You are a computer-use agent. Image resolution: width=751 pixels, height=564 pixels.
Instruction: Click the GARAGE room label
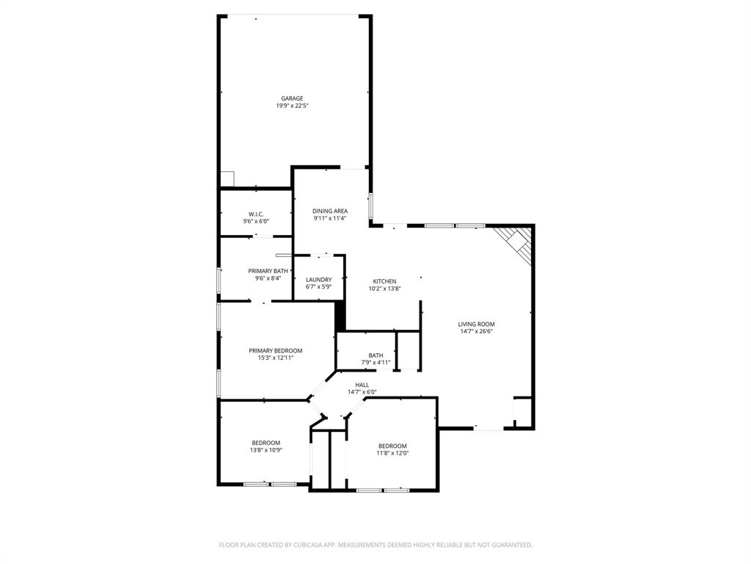click(x=292, y=98)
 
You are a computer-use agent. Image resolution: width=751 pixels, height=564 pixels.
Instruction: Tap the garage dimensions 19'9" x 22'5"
click(x=292, y=106)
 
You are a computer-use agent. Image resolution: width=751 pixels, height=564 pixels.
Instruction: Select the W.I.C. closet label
click(x=256, y=214)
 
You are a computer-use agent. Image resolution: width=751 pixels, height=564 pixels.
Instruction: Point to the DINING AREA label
click(x=330, y=211)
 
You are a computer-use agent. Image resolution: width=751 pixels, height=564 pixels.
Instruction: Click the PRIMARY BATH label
click(x=263, y=271)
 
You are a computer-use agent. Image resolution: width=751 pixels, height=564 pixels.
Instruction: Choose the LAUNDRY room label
click(x=319, y=280)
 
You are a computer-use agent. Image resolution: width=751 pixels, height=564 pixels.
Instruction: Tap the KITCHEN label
click(x=384, y=281)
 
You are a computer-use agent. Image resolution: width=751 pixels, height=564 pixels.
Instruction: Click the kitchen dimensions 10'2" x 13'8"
click(x=384, y=289)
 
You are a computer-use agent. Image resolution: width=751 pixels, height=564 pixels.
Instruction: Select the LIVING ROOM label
click(x=477, y=324)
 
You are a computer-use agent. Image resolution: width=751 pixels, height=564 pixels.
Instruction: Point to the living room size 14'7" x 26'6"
click(x=477, y=331)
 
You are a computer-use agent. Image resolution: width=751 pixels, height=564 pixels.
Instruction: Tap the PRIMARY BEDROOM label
click(x=275, y=350)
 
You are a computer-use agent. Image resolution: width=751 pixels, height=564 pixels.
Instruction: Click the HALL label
click(x=362, y=385)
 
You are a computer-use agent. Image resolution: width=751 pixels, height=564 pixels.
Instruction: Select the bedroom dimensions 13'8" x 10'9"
click(x=266, y=449)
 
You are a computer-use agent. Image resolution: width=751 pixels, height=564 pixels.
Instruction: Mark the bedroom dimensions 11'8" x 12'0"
click(x=392, y=453)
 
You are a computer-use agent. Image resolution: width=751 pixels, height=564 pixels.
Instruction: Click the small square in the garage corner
click(x=227, y=179)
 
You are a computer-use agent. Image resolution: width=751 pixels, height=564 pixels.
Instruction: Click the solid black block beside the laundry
click(x=340, y=316)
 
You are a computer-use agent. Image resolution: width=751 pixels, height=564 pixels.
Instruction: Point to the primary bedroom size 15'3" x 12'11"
click(x=275, y=358)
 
